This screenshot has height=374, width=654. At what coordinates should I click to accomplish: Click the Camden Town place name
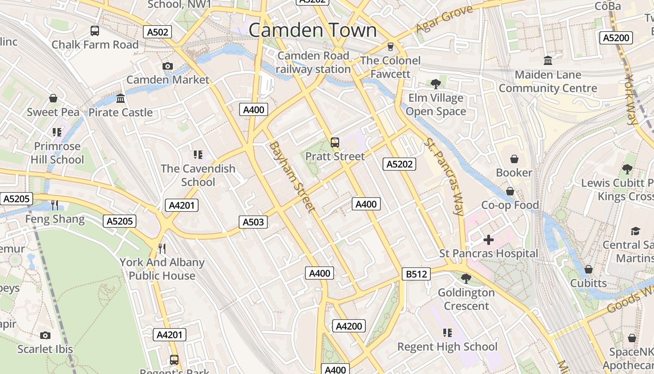point(312,30)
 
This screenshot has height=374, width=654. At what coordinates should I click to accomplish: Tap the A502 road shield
point(157,32)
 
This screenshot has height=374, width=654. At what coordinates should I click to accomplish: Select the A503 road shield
point(253,222)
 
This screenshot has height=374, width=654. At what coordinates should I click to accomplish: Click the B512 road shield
point(416,274)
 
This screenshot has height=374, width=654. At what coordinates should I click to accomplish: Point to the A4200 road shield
point(348,326)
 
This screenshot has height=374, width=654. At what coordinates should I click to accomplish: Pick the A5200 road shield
point(616,38)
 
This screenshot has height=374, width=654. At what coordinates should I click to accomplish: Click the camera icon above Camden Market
point(168,66)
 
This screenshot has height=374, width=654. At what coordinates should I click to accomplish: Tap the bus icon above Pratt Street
point(335,143)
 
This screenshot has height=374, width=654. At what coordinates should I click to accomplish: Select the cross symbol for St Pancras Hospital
point(489,240)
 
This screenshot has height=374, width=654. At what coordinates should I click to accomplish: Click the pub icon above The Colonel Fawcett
point(391,47)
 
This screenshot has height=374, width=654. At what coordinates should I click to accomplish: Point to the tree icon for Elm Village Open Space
point(436,84)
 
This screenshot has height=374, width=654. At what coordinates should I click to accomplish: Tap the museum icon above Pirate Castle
point(121,99)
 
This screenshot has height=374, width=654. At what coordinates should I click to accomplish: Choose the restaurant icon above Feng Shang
point(55,205)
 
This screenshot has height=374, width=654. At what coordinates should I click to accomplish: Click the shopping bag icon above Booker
point(514,159)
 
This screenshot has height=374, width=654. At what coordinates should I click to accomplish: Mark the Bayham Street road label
point(292,177)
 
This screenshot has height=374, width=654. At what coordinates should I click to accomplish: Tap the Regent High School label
point(447,346)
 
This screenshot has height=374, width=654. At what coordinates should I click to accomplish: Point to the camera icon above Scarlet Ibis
point(45,335)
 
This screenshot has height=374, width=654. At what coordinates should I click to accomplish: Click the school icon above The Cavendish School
point(198,154)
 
